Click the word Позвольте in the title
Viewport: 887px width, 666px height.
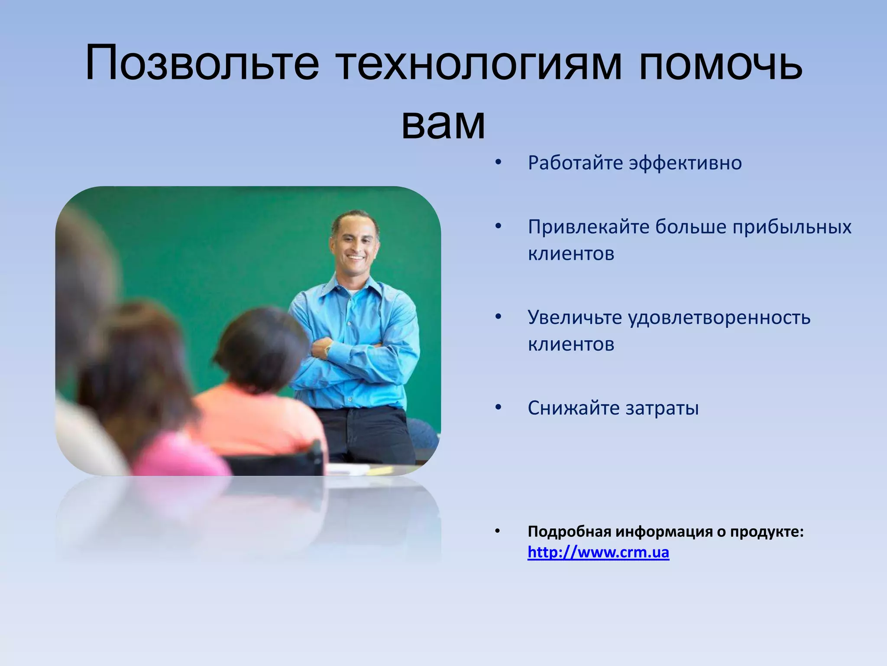(x=202, y=63)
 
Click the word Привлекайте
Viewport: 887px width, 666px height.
(x=588, y=227)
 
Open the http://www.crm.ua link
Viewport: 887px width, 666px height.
(x=598, y=552)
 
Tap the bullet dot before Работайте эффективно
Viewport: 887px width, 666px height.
(x=498, y=163)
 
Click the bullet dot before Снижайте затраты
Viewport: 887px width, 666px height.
(x=498, y=408)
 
